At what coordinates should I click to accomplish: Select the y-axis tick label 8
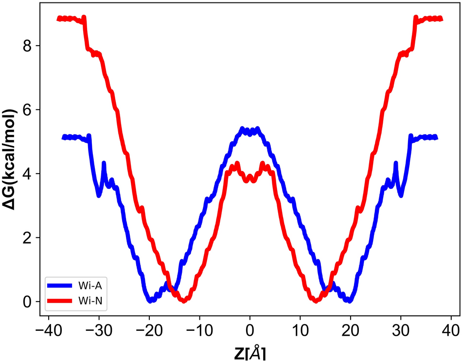click(29, 46)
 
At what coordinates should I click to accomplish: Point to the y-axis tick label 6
click(29, 110)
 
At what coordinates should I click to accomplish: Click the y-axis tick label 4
click(29, 174)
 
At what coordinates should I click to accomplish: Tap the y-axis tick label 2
click(29, 238)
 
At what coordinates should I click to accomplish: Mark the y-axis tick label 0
click(29, 302)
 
